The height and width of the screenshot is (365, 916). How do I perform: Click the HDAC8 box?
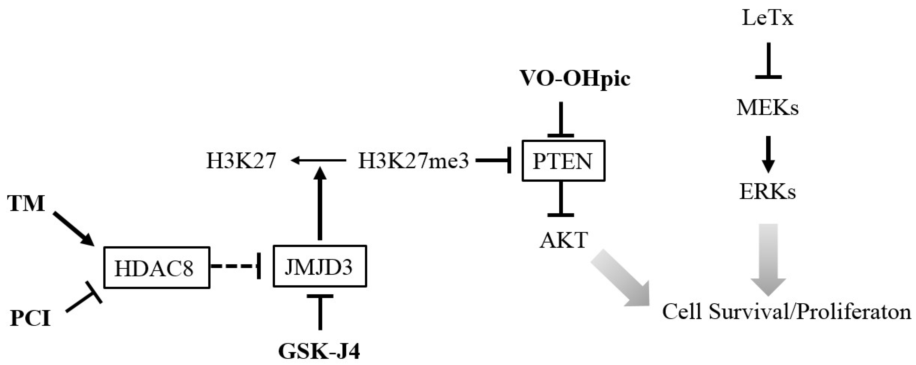[x=157, y=267]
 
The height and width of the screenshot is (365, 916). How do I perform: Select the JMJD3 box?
[x=319, y=266]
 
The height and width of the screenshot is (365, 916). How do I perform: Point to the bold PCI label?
[x=30, y=318]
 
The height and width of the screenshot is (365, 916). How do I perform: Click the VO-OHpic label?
[x=575, y=78]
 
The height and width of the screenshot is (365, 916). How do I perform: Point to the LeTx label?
[x=767, y=18]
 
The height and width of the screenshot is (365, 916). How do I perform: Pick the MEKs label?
[x=767, y=107]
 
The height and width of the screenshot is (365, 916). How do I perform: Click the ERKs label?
[x=767, y=192]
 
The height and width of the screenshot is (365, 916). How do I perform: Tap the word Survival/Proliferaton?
[x=809, y=312]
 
